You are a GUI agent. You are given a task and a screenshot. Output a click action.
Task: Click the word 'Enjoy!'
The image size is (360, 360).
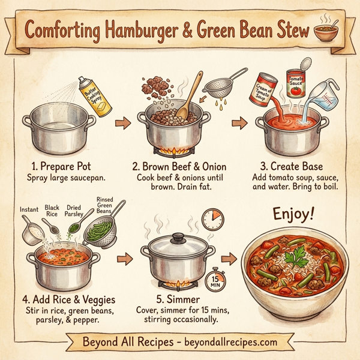tap(293, 215)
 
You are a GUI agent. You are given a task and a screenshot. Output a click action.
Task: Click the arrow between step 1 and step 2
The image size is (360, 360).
tap(122, 124)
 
